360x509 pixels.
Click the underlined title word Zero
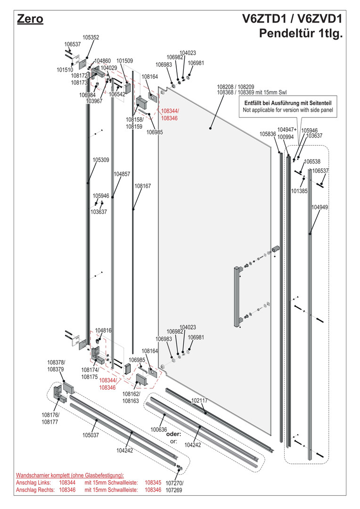coord(30,19)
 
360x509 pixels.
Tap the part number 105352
coord(91,37)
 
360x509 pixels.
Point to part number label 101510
coord(65,70)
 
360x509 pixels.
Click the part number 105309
coord(101,160)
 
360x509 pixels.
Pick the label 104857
coord(122,174)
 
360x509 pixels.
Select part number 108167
coord(143,186)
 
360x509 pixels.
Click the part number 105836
coord(268,134)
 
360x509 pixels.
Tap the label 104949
coord(319,207)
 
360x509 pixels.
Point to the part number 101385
coord(299,191)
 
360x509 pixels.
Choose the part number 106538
coord(312,162)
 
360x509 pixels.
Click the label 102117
coord(199,400)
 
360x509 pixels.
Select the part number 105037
coord(90,435)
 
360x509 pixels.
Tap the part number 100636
coord(159,429)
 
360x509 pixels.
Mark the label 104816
coord(103,331)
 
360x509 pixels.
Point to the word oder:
coord(173,434)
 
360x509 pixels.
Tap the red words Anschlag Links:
coord(35,483)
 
